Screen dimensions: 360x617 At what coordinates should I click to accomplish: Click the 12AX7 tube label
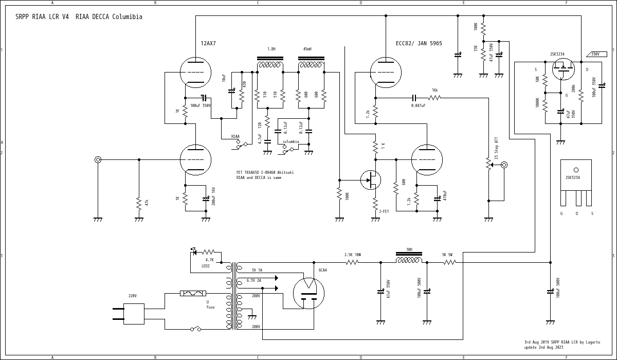coord(208,44)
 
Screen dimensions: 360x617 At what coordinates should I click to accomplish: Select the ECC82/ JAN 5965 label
coord(419,44)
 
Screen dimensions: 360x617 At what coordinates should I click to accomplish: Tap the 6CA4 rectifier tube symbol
coord(308,293)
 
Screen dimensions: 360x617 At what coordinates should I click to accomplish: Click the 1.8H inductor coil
coord(270,65)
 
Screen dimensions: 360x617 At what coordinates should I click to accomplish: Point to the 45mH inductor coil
coord(311,65)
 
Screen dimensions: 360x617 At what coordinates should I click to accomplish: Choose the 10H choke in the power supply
coord(409,260)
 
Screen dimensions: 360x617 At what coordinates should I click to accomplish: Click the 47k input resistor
coord(139,203)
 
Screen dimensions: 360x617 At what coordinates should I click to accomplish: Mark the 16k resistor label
coord(435,91)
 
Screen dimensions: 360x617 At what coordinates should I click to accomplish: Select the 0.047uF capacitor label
coord(418,105)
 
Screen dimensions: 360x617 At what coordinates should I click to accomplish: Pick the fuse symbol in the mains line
coord(193,293)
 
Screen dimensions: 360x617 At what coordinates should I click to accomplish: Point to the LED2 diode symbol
coord(194,251)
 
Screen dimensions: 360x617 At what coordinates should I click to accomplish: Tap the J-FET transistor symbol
coord(371,180)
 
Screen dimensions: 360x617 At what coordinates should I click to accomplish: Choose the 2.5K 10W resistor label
coord(353,255)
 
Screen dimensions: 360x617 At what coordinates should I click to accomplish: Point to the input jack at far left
coord(98,159)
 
